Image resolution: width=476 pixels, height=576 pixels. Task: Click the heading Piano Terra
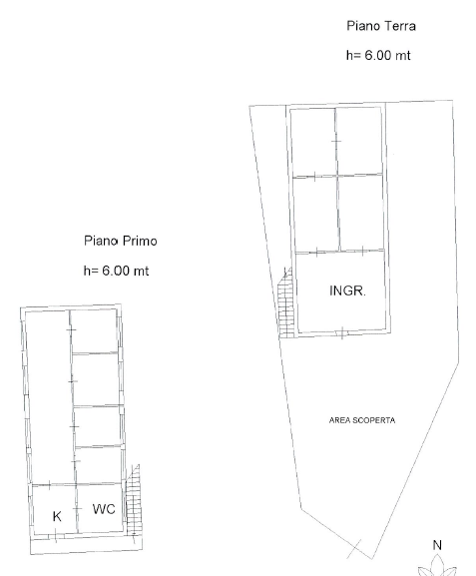tap(380, 25)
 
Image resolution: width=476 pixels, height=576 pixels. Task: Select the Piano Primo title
tap(121, 241)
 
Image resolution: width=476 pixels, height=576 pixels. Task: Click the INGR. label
tap(347, 291)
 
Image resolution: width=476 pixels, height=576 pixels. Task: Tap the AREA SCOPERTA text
tap(362, 420)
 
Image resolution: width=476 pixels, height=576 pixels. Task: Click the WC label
tap(104, 509)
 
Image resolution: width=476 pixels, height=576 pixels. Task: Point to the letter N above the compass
tap(436, 545)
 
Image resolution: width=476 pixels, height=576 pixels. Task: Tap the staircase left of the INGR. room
tap(286, 304)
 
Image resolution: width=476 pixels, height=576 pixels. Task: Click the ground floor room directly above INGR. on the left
tap(314, 213)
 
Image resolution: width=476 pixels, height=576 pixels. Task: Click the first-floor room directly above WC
tap(98, 464)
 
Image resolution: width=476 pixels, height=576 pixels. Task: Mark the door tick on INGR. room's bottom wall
tap(342, 332)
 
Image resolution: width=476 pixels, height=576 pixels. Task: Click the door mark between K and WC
tap(78, 508)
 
